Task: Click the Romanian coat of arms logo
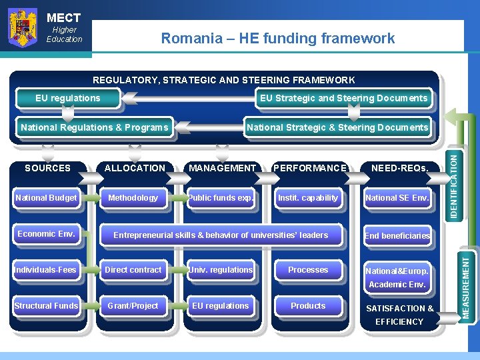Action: coord(22,28)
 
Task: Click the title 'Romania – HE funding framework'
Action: coord(278,39)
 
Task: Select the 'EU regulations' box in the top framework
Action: coord(68,99)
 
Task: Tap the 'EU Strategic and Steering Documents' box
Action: coord(343,99)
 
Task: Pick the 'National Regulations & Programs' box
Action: coord(95,127)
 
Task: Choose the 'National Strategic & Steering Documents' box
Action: coord(337,127)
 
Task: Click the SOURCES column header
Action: coord(47,168)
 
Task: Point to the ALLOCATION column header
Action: coord(135,168)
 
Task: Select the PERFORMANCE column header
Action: coord(310,168)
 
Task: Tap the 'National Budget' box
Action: coord(46,198)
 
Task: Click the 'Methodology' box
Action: coord(133,198)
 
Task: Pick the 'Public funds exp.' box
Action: coord(221,198)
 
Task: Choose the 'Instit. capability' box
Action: coord(308,198)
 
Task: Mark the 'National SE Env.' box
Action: coord(397,198)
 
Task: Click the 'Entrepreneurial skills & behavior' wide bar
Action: coord(221,235)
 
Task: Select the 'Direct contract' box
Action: coord(133,270)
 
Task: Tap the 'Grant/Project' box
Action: coord(133,306)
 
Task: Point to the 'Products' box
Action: coord(308,306)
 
